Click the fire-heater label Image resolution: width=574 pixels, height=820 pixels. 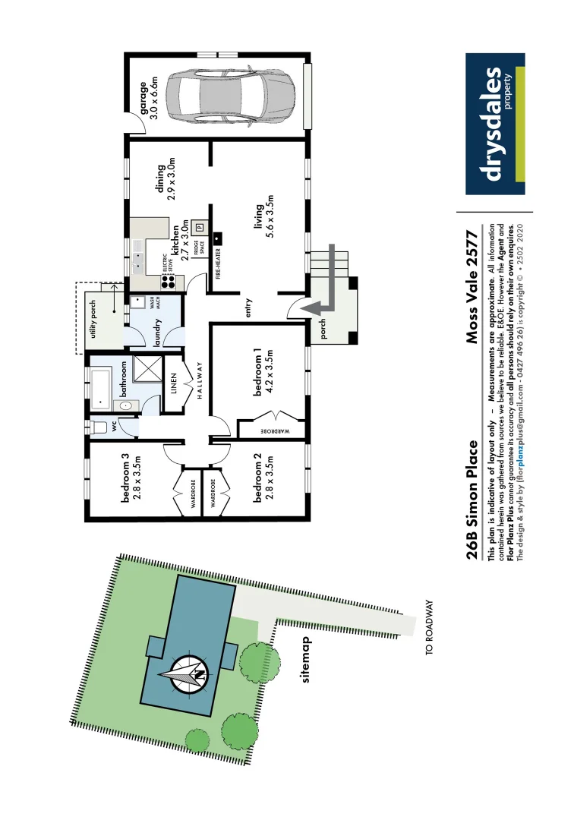pyautogui.click(x=217, y=259)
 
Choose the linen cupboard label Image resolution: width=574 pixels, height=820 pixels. pyautogui.click(x=173, y=378)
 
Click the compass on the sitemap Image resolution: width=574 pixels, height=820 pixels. pyautogui.click(x=184, y=673)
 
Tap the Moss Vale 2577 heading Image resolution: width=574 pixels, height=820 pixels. pyautogui.click(x=474, y=285)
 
